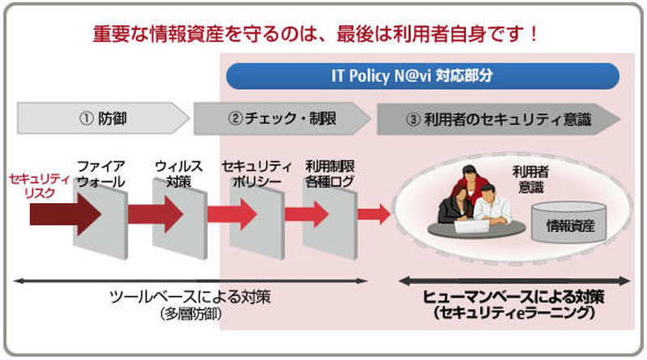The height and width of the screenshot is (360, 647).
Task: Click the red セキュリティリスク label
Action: click(x=32, y=182)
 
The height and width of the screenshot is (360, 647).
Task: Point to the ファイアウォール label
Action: click(x=100, y=174)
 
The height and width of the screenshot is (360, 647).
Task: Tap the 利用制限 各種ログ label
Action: click(x=329, y=174)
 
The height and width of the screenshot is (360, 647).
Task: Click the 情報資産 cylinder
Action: click(x=570, y=222)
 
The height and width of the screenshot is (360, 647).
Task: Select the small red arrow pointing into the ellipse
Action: click(x=374, y=214)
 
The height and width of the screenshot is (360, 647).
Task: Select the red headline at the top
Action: click(x=315, y=36)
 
